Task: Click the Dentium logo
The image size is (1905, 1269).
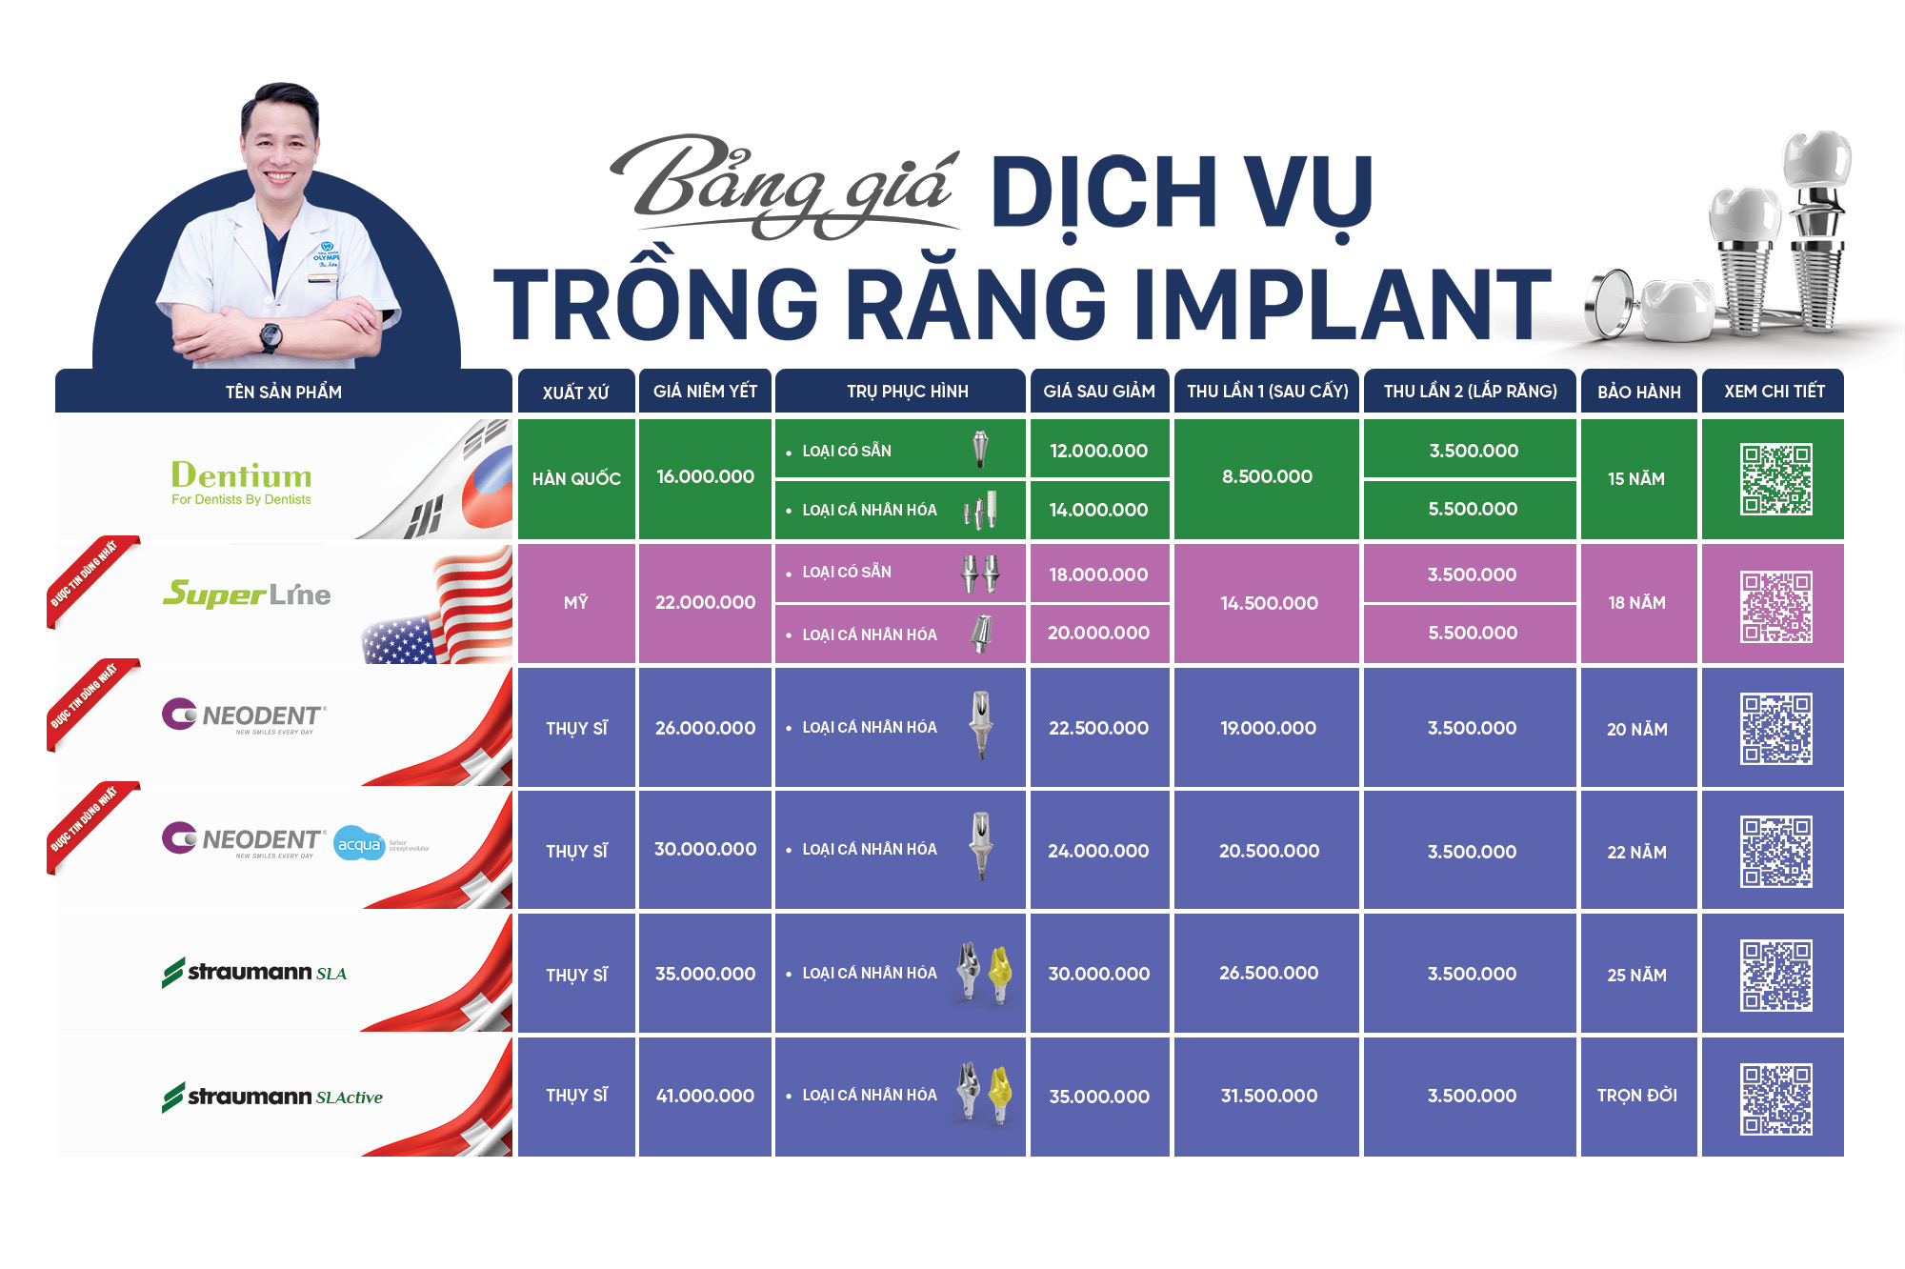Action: tap(241, 480)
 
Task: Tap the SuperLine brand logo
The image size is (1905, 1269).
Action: tap(247, 594)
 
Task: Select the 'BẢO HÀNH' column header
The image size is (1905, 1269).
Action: tap(1638, 392)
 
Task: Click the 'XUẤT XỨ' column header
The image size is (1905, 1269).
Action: tap(575, 392)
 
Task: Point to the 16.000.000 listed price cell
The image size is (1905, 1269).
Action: tap(705, 476)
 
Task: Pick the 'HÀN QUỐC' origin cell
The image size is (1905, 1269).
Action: tap(576, 478)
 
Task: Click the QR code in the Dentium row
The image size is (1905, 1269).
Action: tap(1775, 479)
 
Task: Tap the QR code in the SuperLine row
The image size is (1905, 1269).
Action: tap(1775, 606)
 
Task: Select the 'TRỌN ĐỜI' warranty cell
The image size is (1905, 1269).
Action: tap(1636, 1096)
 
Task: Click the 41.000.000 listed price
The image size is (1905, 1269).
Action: tap(705, 1096)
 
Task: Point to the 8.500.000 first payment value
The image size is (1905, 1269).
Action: tap(1267, 476)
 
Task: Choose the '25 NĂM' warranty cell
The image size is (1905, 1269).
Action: tap(1636, 975)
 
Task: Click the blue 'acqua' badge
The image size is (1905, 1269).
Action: tap(359, 844)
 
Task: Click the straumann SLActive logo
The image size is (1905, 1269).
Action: tap(272, 1097)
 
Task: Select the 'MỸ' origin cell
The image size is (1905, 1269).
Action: tap(575, 602)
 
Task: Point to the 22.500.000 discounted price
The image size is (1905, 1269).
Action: tap(1098, 728)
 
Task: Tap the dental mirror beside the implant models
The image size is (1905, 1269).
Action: tap(1609, 303)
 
